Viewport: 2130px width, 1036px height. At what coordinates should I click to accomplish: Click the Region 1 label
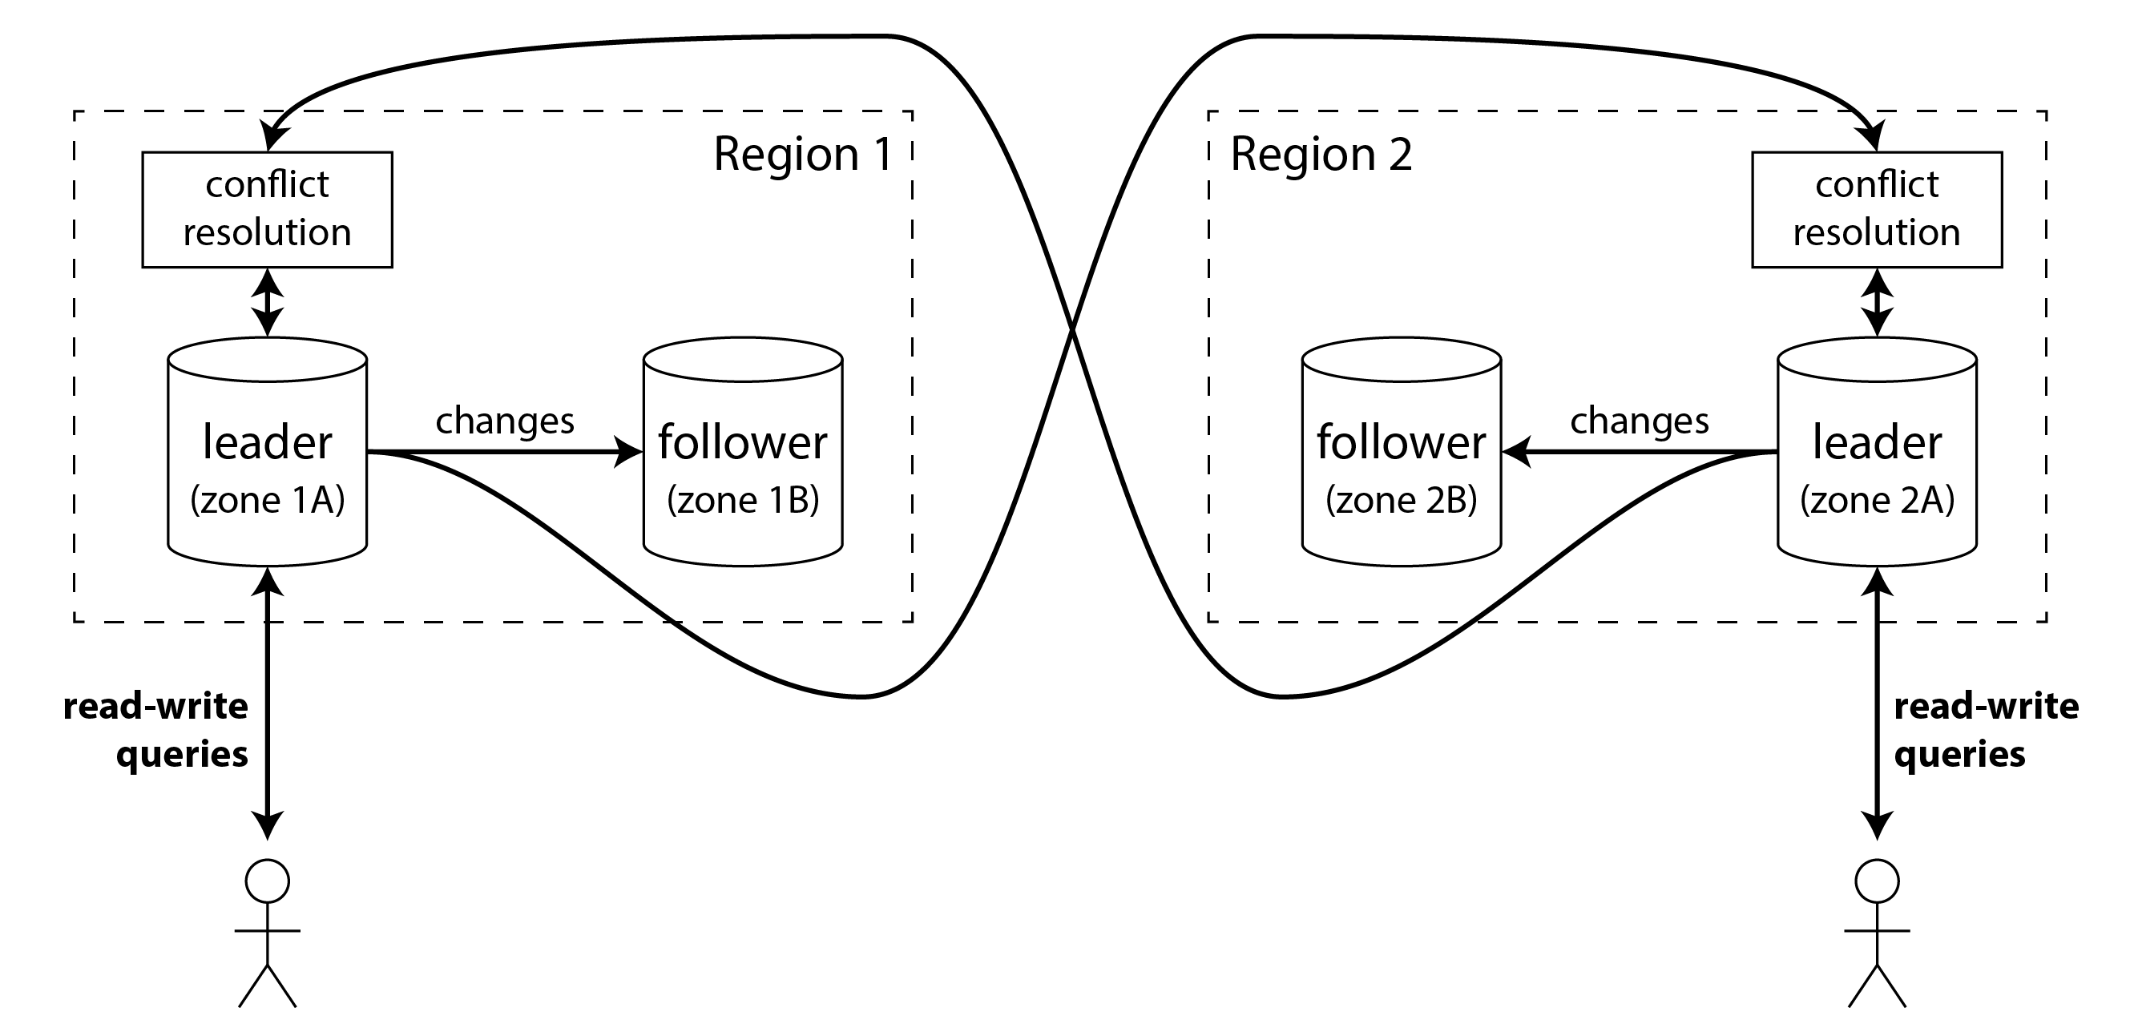802,155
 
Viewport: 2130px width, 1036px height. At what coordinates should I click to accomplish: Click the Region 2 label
1321,155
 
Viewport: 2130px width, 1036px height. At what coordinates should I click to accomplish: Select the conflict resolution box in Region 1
267,209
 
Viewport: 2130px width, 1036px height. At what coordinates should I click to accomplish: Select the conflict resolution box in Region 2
1876,209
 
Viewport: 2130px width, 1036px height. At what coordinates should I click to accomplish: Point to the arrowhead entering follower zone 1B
630,452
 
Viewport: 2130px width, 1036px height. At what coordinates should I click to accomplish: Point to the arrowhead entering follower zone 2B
1515,452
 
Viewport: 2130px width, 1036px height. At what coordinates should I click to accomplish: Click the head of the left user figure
267,881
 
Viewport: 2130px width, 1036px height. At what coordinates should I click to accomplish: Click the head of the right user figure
1877,881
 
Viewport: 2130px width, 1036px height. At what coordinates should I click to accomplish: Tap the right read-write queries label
1984,730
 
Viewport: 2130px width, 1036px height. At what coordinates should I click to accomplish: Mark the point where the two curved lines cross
1072,331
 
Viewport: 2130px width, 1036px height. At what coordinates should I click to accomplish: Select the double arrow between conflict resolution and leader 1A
267,302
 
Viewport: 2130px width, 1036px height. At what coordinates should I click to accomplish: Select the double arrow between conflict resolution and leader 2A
1877,302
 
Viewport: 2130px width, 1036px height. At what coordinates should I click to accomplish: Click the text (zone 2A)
1877,500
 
